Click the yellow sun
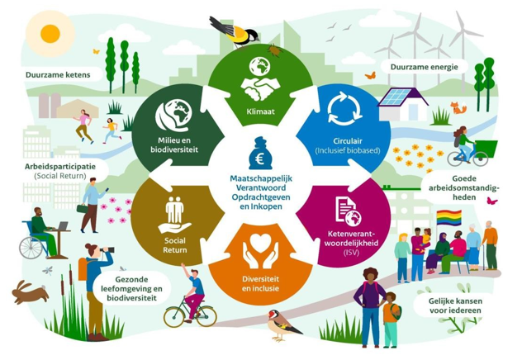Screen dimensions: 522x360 tap(50, 34)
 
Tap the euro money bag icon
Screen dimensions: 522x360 tap(260, 154)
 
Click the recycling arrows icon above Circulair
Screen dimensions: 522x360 tap(345, 109)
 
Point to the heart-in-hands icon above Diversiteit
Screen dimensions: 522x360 tap(260, 250)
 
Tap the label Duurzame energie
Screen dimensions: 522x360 tap(425, 67)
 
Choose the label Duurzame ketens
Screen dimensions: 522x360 tap(58, 74)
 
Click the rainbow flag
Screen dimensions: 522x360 tap(449, 218)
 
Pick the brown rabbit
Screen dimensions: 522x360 tap(30, 292)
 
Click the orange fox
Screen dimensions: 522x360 tap(458, 108)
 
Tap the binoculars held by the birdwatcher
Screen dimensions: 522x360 tap(107, 249)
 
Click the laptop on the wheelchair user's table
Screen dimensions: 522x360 tap(62, 226)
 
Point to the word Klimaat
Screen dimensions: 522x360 tap(261, 111)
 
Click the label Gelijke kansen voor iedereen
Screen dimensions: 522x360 tap(455, 306)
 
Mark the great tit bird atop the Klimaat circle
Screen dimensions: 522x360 tap(234, 31)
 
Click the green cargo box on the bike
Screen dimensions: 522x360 tap(485, 149)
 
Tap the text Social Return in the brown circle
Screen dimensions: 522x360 tap(175, 245)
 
